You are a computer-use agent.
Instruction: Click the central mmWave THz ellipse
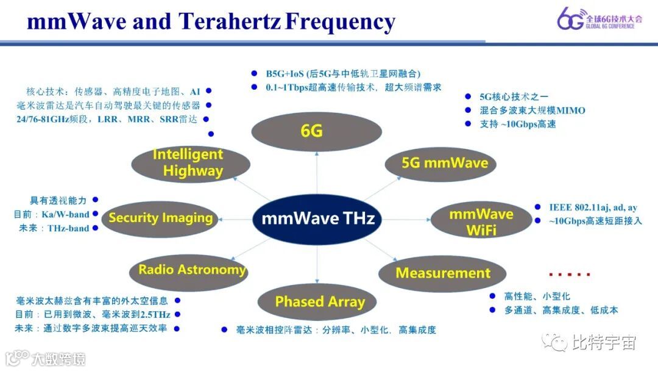pos(317,218)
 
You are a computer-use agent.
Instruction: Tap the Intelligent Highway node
pos(191,163)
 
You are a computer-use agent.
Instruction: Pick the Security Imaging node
pos(160,218)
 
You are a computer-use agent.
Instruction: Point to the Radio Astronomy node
pos(191,270)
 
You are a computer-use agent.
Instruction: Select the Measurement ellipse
pos(442,273)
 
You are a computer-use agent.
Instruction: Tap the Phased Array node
pos(320,301)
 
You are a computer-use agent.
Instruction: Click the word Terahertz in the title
pos(230,22)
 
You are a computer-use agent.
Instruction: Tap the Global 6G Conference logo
pos(600,19)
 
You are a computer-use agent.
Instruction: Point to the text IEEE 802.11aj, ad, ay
pos(593,208)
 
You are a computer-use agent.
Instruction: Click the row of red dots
pos(570,275)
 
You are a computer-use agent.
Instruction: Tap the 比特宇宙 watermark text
pos(603,342)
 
